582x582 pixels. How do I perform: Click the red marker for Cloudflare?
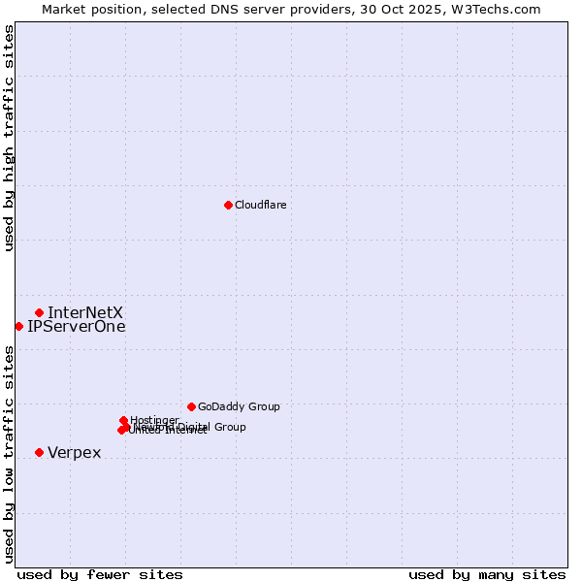pyautogui.click(x=228, y=205)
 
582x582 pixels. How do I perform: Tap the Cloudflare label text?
pyautogui.click(x=260, y=205)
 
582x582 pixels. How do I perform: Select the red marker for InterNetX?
pyautogui.click(x=39, y=312)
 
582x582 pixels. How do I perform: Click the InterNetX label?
pyautogui.click(x=85, y=312)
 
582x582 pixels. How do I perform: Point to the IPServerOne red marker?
pyautogui.click(x=18, y=326)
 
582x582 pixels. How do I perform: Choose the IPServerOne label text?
pyautogui.click(x=77, y=327)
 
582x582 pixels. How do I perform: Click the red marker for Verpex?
pyautogui.click(x=39, y=452)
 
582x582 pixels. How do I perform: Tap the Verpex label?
pyautogui.click(x=74, y=453)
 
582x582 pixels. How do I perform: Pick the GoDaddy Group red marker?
pyautogui.click(x=191, y=406)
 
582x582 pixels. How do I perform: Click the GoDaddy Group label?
pyautogui.click(x=239, y=406)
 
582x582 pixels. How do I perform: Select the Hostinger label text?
pyautogui.click(x=154, y=420)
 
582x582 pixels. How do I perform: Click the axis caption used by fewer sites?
pyautogui.click(x=100, y=574)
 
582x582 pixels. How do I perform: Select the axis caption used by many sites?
pyautogui.click(x=487, y=574)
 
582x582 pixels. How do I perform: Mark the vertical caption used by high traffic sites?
pyautogui.click(x=9, y=138)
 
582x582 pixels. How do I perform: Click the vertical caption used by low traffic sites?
pyautogui.click(x=9, y=453)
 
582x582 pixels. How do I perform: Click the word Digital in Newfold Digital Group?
pyautogui.click(x=192, y=427)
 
